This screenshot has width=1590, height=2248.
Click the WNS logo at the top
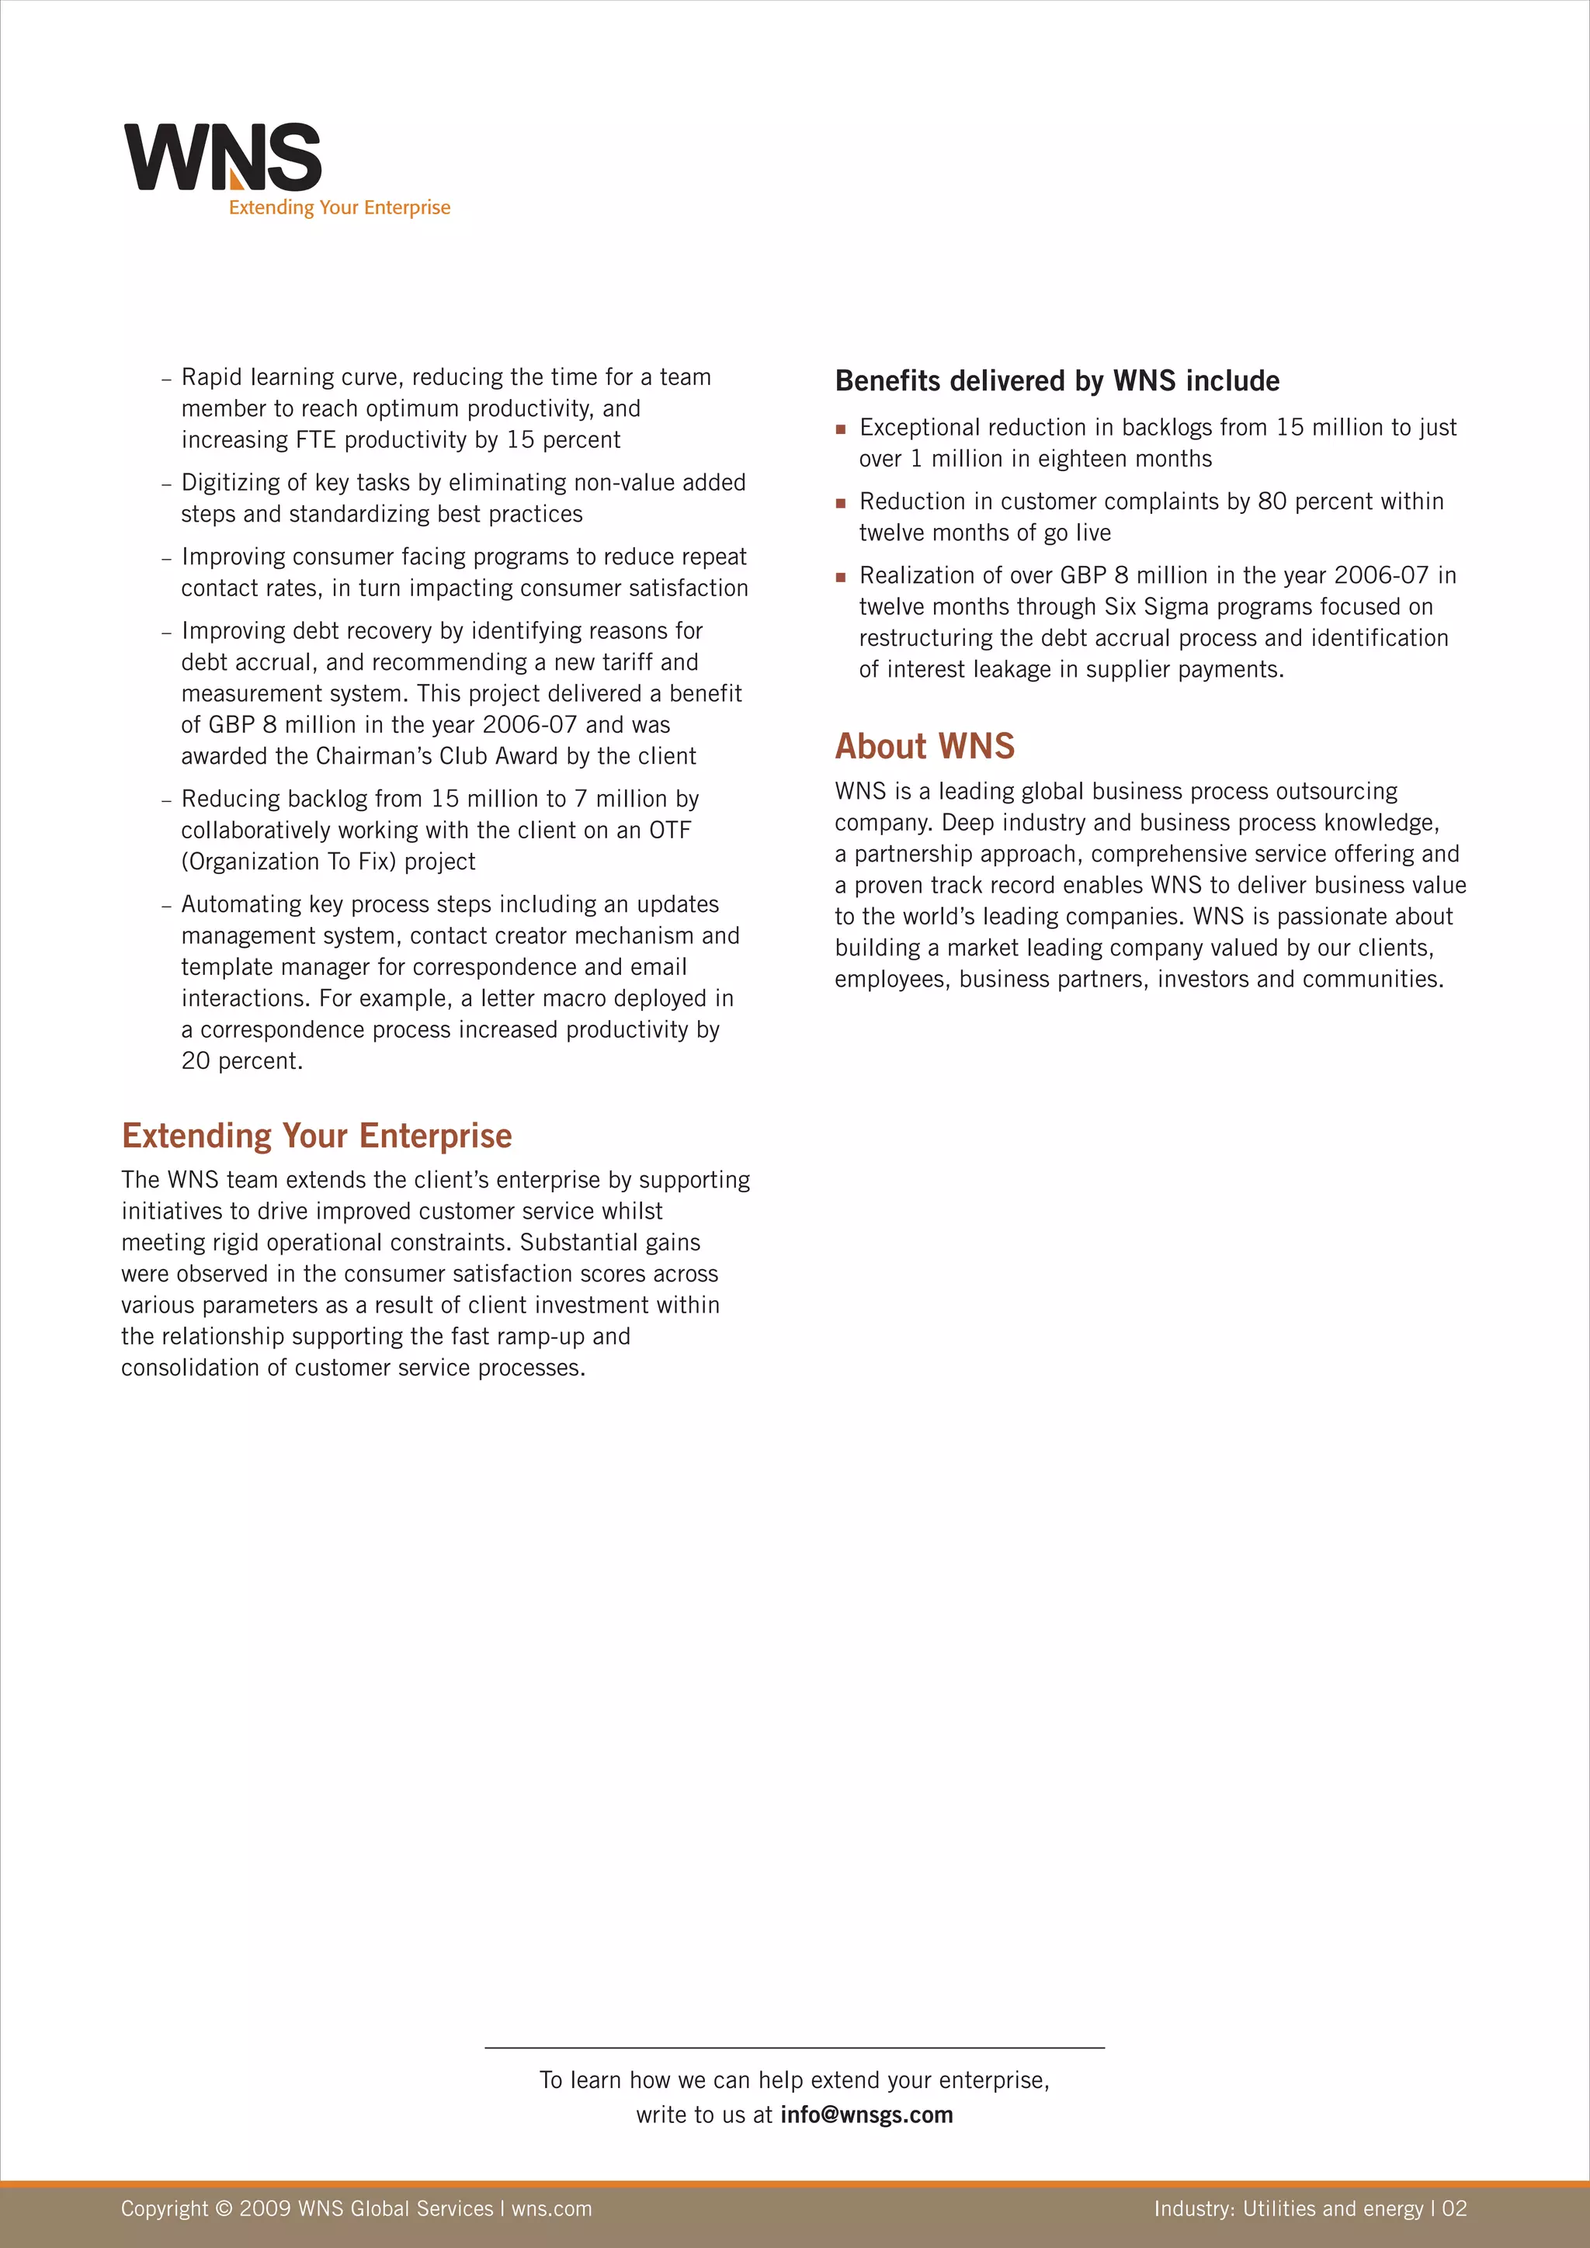coord(224,157)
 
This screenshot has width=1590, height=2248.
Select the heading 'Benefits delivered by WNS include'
coord(1057,381)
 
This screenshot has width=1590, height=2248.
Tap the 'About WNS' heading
coord(924,746)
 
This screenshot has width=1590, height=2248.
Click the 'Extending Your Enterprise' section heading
coord(316,1136)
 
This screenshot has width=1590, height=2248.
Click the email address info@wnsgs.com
coord(866,2114)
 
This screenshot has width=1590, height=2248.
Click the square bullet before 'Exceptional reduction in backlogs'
coord(840,428)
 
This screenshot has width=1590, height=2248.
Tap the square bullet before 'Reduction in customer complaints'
coord(840,503)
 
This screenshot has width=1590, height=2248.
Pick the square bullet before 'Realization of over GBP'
coord(840,577)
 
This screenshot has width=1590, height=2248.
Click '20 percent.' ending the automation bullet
coord(241,1061)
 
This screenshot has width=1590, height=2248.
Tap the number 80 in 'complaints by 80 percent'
coord(1272,501)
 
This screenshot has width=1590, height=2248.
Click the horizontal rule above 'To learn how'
coord(794,2047)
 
